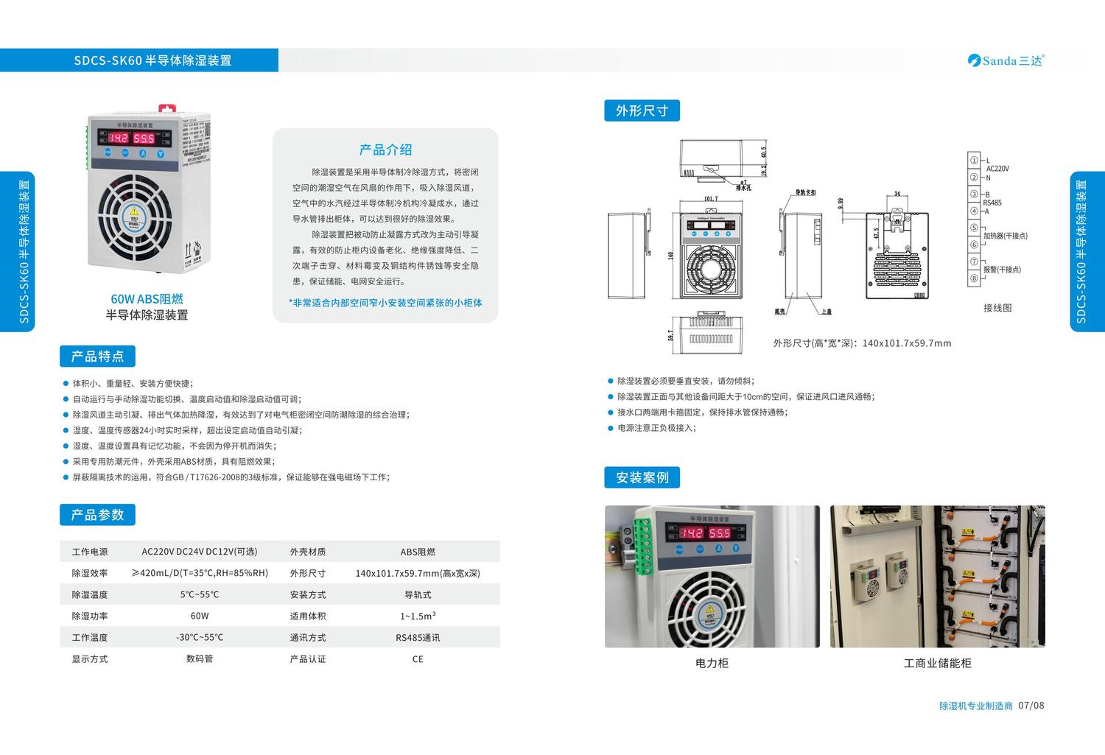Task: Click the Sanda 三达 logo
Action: point(1006,60)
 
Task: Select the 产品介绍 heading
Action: point(385,150)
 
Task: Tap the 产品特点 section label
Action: point(97,357)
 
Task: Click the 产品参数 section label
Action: point(97,515)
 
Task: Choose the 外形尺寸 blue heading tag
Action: point(642,110)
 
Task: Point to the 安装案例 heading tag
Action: point(642,477)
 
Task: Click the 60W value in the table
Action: point(200,616)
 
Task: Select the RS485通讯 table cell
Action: point(418,638)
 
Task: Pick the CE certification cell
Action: point(418,659)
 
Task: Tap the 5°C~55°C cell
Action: point(200,594)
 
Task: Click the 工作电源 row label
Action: point(90,552)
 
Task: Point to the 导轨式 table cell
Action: point(418,594)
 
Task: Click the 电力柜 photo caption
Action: point(712,663)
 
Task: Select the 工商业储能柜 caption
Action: point(937,663)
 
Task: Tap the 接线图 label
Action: point(997,308)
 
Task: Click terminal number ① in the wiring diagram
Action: point(974,161)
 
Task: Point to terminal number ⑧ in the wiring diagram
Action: point(974,278)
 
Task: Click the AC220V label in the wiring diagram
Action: point(997,169)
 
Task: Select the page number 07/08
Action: point(1031,706)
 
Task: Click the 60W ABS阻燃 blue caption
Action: point(147,299)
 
